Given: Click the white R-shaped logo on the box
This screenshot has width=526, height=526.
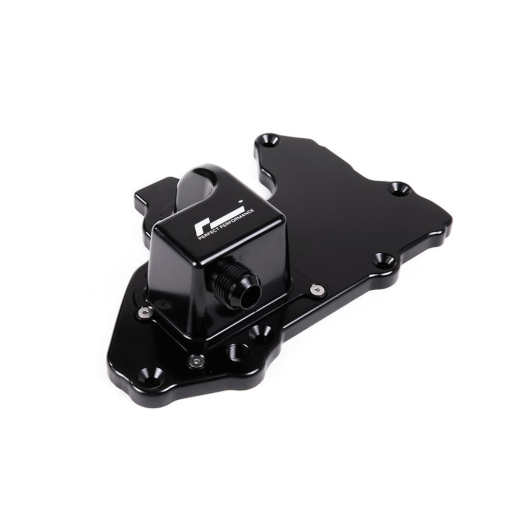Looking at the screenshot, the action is pos(218,221).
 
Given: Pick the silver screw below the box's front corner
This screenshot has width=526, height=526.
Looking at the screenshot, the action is pos(196,361).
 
